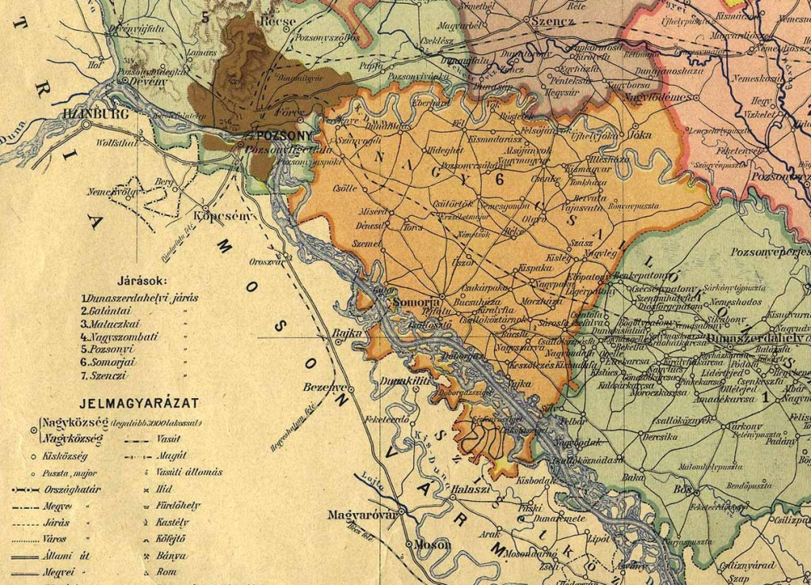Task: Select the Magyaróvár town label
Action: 361,515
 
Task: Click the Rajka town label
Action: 348,332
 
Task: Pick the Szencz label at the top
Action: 553,21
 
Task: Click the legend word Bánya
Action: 171,556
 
